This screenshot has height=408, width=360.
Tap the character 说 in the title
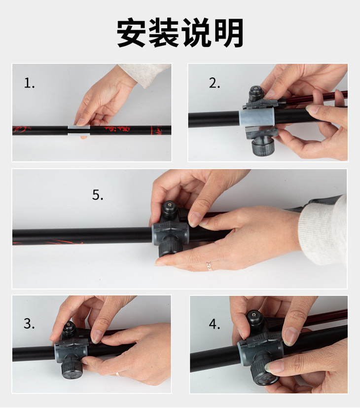point(196,33)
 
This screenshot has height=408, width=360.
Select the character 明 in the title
point(228,33)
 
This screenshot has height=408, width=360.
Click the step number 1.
point(29,83)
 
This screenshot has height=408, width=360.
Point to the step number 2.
point(215,83)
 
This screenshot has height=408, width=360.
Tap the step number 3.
point(29,324)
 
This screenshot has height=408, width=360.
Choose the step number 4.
point(215,324)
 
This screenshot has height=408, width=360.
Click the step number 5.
point(98,195)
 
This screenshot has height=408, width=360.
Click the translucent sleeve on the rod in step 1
point(79,130)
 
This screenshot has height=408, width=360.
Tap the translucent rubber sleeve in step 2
point(257,117)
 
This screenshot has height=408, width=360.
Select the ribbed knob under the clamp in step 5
point(170,249)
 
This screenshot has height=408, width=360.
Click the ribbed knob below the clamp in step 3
point(72,367)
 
